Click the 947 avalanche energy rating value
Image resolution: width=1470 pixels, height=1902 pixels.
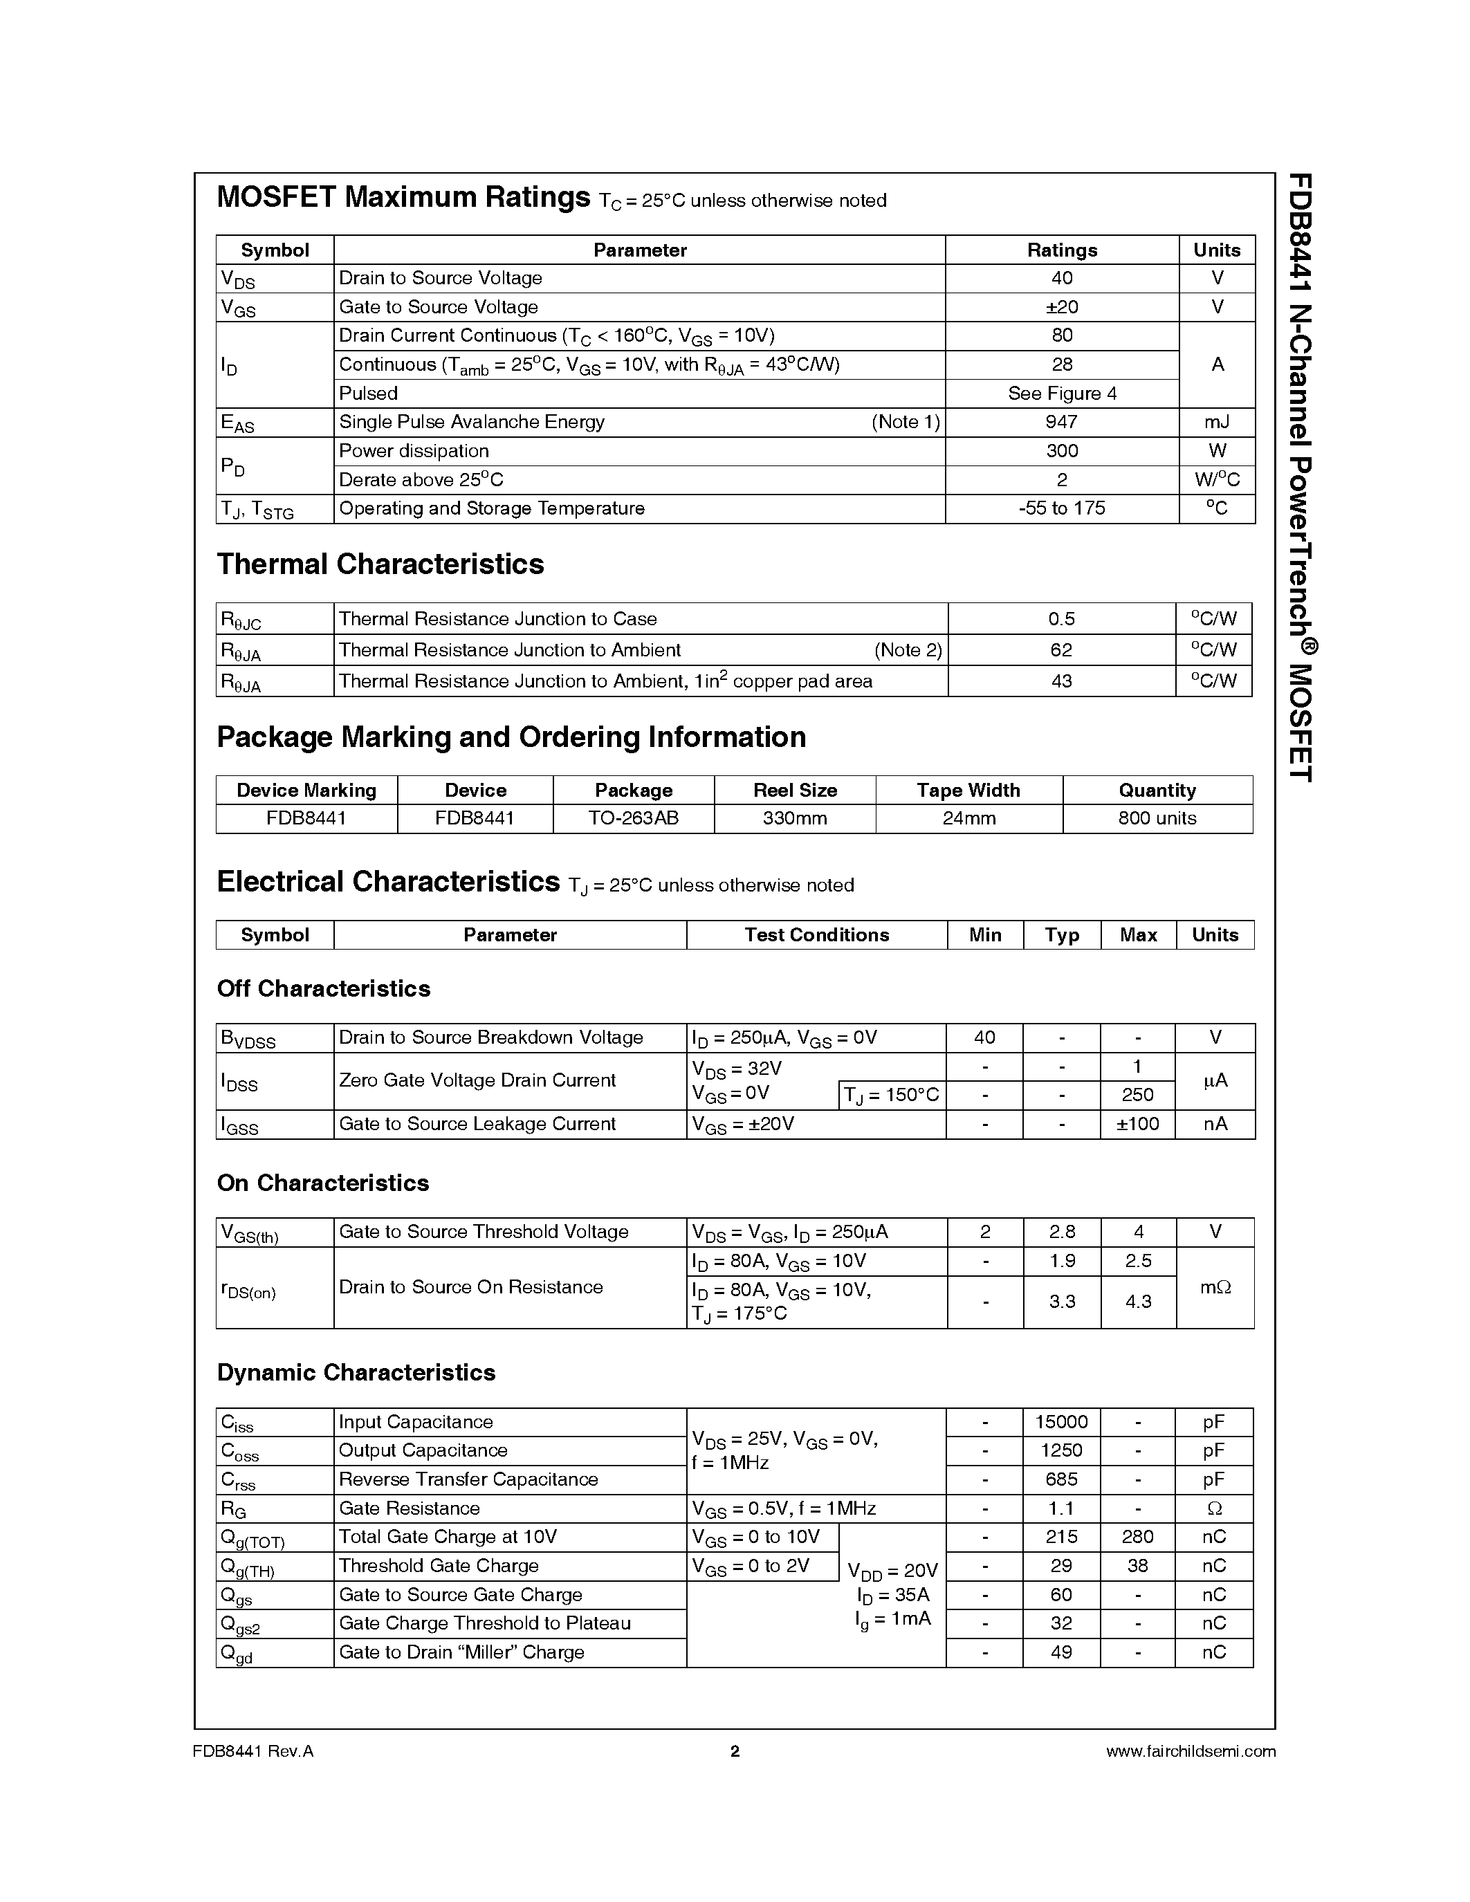1062,423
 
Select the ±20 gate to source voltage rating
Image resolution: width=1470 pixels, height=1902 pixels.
1062,307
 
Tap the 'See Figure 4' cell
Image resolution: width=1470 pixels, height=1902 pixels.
1062,394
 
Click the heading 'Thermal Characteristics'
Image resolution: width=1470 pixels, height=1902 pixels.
380,564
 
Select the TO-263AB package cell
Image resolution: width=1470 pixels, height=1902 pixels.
633,819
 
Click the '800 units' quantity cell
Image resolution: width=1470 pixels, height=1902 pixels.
1157,819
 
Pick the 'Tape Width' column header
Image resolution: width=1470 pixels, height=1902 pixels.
968,791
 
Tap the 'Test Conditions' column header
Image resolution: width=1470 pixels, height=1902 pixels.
816,935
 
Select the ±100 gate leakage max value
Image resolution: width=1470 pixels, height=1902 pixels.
1137,1125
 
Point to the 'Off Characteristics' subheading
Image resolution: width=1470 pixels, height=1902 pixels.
323,989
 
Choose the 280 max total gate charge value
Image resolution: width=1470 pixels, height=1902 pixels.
1137,1537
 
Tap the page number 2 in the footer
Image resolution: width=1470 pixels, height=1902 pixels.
734,1751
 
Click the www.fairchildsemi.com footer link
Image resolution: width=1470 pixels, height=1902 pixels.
1190,1751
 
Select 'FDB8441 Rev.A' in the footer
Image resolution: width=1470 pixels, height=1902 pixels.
252,1751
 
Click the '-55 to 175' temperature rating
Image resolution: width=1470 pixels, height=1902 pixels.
1062,508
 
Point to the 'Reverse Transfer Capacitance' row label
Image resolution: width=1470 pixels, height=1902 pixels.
468,1479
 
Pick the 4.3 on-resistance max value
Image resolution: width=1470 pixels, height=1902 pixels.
1137,1302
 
